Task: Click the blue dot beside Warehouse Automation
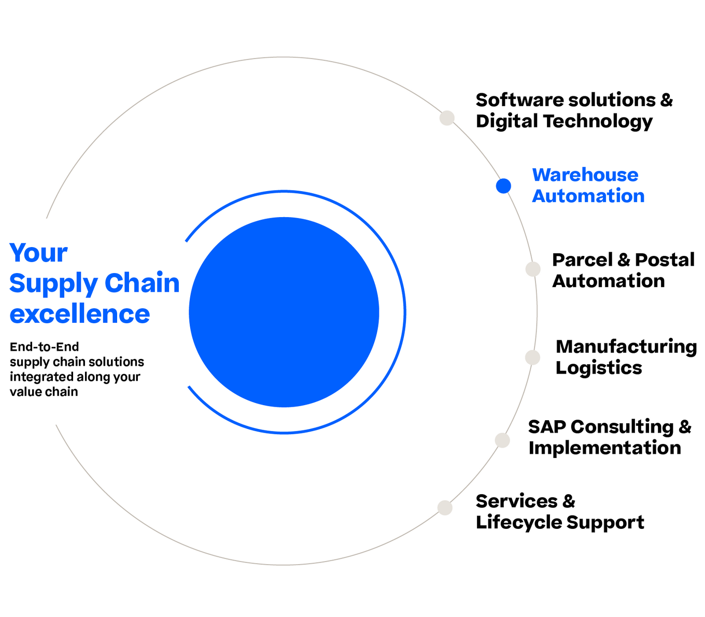point(503,186)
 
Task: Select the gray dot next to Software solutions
point(447,118)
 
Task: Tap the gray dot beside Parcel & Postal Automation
point(533,269)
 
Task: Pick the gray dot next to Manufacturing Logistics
point(532,357)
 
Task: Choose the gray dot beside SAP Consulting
point(502,440)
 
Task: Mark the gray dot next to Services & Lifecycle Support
point(445,508)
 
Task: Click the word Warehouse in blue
point(585,175)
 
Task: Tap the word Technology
point(598,122)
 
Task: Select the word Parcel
point(582,260)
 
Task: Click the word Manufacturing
point(626,347)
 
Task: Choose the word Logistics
point(599,368)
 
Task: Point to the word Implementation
point(605,448)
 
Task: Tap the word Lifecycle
point(518,523)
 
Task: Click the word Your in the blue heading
point(38,253)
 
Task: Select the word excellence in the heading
point(80,313)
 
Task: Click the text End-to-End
point(44,347)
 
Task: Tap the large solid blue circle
point(284,312)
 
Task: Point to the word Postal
point(665,260)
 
